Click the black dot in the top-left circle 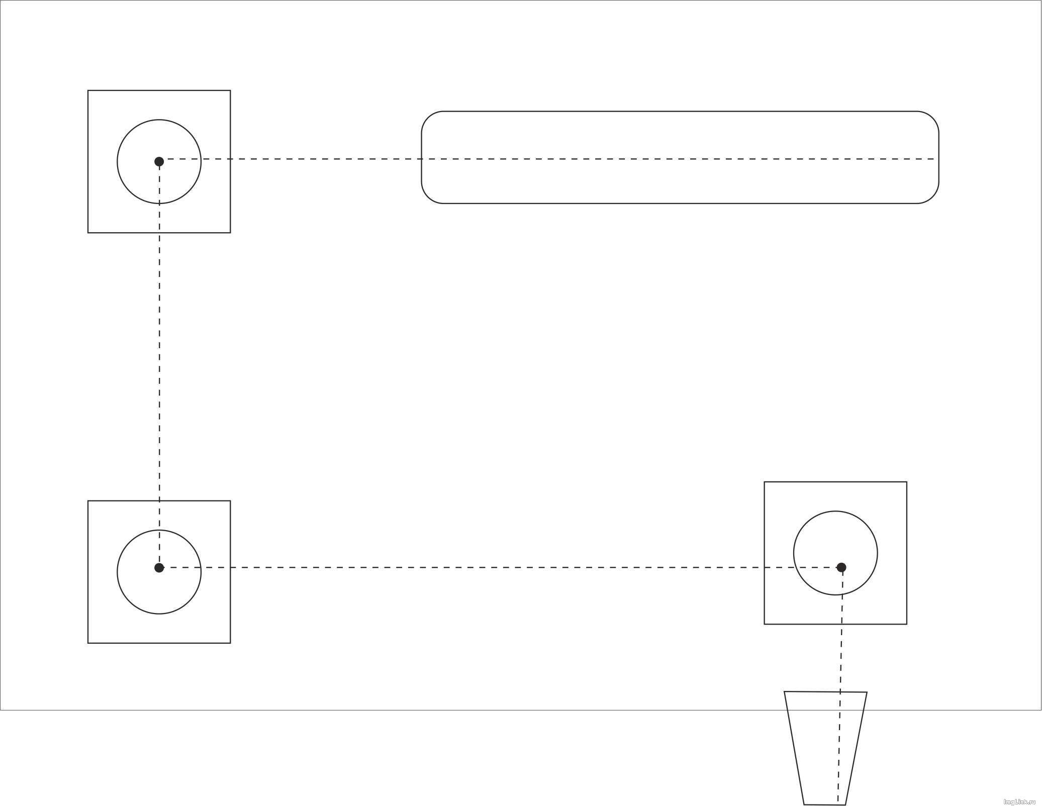click(x=159, y=161)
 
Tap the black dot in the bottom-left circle click(x=159, y=568)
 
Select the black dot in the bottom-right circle click(x=841, y=567)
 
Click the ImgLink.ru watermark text click(x=1020, y=801)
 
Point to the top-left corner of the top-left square click(x=88, y=90)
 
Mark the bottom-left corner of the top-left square click(x=88, y=233)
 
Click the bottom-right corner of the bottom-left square click(x=230, y=643)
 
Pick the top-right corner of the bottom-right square click(x=907, y=482)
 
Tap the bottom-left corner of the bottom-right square click(x=765, y=624)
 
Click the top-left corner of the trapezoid click(x=785, y=691)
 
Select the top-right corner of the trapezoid click(x=867, y=692)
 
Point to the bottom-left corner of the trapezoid click(x=804, y=804)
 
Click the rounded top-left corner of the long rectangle click(x=428, y=118)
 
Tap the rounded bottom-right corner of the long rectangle click(x=932, y=196)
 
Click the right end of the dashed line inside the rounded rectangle click(x=934, y=159)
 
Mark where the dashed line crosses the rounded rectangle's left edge click(x=422, y=159)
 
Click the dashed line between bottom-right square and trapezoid click(x=841, y=658)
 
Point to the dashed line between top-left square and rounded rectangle click(x=326, y=159)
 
